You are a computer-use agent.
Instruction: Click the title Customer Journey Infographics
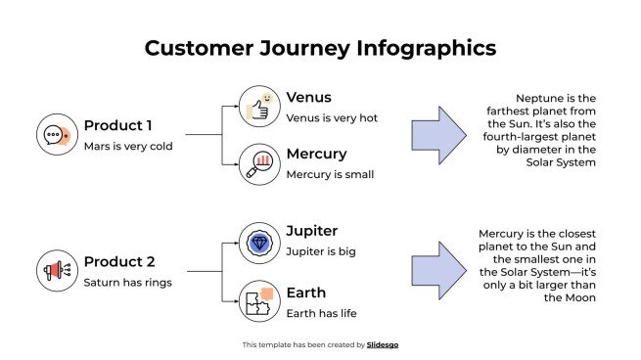pyautogui.click(x=320, y=48)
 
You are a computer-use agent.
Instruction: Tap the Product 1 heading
pyautogui.click(x=118, y=125)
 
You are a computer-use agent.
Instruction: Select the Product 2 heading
pyautogui.click(x=119, y=261)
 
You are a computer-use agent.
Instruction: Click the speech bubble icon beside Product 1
pyautogui.click(x=56, y=135)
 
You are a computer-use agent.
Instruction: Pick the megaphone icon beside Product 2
pyautogui.click(x=56, y=270)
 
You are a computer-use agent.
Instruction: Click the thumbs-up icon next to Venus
pyautogui.click(x=259, y=107)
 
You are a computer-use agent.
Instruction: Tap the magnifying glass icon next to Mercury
pyautogui.click(x=259, y=163)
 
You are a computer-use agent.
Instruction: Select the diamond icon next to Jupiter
pyautogui.click(x=259, y=243)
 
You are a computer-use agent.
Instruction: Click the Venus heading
pyautogui.click(x=308, y=97)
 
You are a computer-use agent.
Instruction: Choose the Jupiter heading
pyautogui.click(x=311, y=231)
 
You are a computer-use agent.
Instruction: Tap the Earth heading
pyautogui.click(x=305, y=292)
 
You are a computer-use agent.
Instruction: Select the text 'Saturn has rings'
pyautogui.click(x=128, y=283)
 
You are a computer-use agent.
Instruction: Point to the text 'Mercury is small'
pyautogui.click(x=330, y=175)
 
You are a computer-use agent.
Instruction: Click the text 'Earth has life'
pyautogui.click(x=321, y=313)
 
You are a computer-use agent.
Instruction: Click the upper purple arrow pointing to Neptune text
pyautogui.click(x=437, y=135)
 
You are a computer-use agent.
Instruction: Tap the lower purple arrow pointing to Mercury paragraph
pyautogui.click(x=437, y=270)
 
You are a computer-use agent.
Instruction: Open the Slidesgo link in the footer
pyautogui.click(x=383, y=344)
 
